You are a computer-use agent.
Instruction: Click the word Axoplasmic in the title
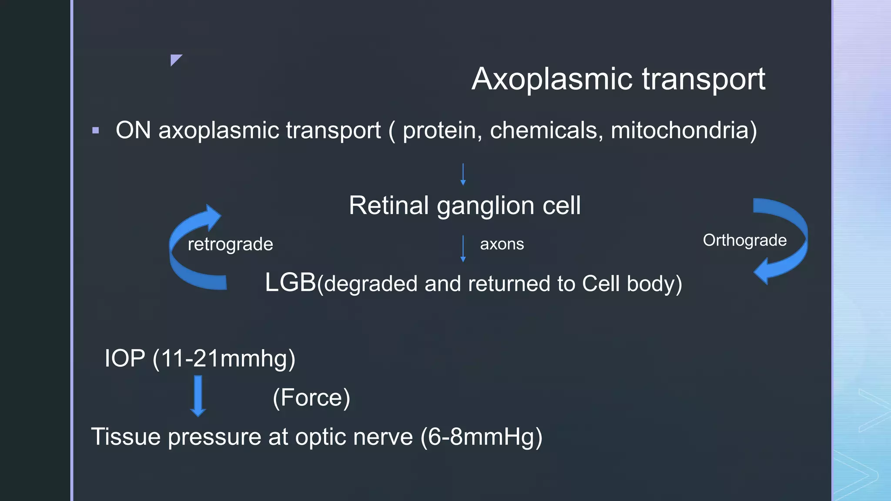(x=552, y=79)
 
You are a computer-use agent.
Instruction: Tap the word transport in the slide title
(x=703, y=79)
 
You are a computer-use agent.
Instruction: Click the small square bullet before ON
(x=96, y=130)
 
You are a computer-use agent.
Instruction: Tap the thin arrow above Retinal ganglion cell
(x=463, y=174)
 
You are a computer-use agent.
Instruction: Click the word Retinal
(x=389, y=205)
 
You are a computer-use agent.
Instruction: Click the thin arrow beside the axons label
(x=463, y=248)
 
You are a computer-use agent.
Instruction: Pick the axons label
(x=502, y=244)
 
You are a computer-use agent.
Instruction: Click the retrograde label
(x=230, y=244)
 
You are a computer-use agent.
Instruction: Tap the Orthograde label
(x=744, y=240)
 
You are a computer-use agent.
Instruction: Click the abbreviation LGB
(x=290, y=282)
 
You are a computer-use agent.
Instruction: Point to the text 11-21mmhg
(x=224, y=358)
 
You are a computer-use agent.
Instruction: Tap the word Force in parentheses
(x=312, y=397)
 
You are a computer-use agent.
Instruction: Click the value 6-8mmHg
(x=481, y=437)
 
